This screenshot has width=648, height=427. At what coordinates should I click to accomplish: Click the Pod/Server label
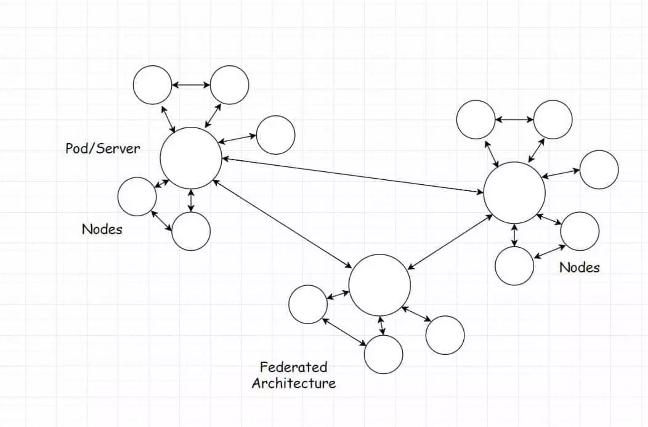pyautogui.click(x=102, y=149)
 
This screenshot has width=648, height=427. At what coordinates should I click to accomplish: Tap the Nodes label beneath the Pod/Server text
pyautogui.click(x=102, y=229)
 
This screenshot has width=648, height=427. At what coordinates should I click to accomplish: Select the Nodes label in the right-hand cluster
pyautogui.click(x=579, y=267)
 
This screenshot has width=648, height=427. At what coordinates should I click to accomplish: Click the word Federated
pyautogui.click(x=293, y=367)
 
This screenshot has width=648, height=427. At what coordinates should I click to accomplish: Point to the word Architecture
pyautogui.click(x=293, y=383)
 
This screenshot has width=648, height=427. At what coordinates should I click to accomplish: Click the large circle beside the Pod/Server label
pyautogui.click(x=191, y=158)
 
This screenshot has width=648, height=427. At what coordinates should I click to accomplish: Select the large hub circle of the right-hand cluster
pyautogui.click(x=514, y=193)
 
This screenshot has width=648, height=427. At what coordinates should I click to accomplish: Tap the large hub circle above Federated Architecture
pyautogui.click(x=380, y=285)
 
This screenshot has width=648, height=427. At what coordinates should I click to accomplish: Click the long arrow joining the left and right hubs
pyautogui.click(x=352, y=175)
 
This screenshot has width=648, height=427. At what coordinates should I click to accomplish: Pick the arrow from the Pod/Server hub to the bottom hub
pyautogui.click(x=282, y=224)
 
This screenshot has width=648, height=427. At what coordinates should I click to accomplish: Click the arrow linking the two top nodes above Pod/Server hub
pyautogui.click(x=191, y=85)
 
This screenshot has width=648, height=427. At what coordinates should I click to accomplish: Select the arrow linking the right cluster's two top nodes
pyautogui.click(x=514, y=119)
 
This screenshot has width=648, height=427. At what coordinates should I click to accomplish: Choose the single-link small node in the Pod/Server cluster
pyautogui.click(x=275, y=135)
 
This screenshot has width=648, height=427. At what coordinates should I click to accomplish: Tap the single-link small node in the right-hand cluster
pyautogui.click(x=598, y=170)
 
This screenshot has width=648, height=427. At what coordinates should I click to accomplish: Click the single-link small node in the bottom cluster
pyautogui.click(x=445, y=335)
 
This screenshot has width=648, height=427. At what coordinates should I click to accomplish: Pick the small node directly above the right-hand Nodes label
pyautogui.click(x=579, y=231)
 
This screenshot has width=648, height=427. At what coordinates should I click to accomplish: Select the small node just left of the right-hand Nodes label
pyautogui.click(x=514, y=266)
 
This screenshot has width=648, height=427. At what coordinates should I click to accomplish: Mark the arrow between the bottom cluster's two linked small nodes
pyautogui.click(x=345, y=332)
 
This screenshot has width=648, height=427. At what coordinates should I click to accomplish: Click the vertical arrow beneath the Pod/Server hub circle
pyautogui.click(x=191, y=201)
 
